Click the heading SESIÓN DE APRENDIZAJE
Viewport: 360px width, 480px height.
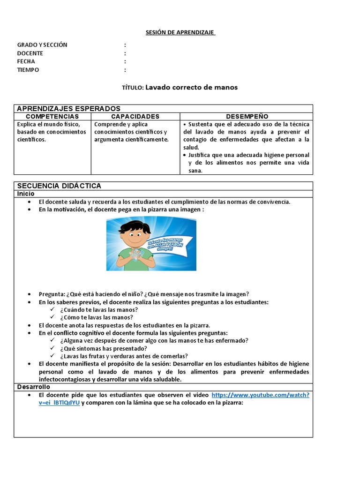(180, 32)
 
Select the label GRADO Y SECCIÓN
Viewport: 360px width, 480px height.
(42, 45)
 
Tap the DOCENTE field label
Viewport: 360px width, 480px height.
(30, 53)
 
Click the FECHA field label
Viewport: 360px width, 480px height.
(26, 62)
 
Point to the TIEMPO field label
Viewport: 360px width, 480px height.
(28, 70)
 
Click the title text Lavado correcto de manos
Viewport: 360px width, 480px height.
(192, 87)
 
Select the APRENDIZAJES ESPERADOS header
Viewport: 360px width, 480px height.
(68, 109)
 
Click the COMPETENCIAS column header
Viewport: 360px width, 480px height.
(52, 116)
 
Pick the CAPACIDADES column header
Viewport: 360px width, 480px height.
(135, 116)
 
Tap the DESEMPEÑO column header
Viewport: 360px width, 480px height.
(247, 116)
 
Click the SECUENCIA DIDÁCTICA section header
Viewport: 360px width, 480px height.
(59, 186)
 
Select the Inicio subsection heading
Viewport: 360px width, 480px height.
(26, 194)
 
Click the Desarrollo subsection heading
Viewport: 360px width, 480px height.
(33, 387)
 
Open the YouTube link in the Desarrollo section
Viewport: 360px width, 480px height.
(260, 395)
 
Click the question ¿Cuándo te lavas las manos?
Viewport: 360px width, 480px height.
(99, 310)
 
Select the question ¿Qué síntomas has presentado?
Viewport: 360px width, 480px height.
(104, 348)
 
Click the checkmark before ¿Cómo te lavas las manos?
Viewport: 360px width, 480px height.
(53, 317)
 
